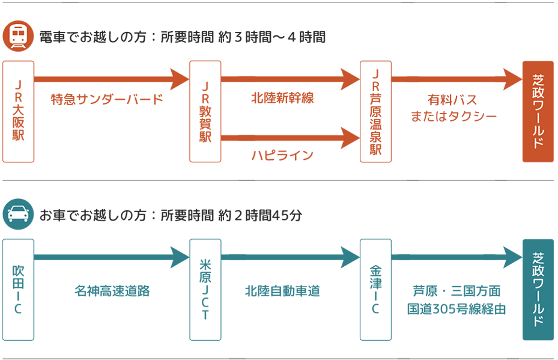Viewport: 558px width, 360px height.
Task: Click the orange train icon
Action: click(x=18, y=37)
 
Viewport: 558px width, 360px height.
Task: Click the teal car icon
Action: click(x=18, y=215)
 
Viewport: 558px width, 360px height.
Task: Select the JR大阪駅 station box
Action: click(x=18, y=112)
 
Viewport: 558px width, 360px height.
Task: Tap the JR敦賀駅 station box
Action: click(x=205, y=112)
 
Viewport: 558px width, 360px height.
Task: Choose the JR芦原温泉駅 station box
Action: click(x=375, y=112)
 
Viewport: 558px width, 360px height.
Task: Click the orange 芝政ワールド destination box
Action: click(x=538, y=112)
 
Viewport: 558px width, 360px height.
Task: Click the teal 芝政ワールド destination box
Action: click(x=538, y=290)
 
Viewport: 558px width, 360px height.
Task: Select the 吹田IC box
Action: click(x=18, y=290)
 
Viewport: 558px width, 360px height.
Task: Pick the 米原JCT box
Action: click(x=205, y=290)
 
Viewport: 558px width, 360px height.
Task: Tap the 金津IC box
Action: click(x=375, y=290)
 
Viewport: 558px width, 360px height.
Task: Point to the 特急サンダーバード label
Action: click(x=107, y=99)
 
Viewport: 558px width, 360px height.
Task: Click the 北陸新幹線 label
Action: click(x=282, y=98)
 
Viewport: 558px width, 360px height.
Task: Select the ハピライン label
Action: click(x=282, y=156)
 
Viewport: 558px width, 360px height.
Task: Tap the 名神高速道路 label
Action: click(x=112, y=291)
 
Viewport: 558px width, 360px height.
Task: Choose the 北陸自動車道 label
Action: click(x=282, y=291)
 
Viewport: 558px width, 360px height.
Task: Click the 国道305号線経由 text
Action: click(x=456, y=310)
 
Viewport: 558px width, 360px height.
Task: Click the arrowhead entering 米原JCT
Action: click(x=180, y=257)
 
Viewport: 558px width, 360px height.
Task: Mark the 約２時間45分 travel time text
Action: click(x=261, y=215)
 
